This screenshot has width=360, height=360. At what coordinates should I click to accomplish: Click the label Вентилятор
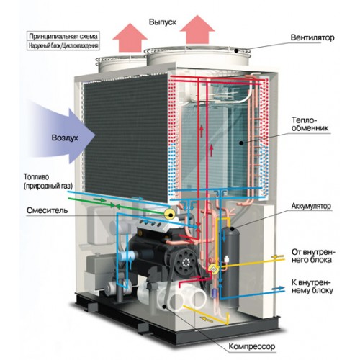click(x=312, y=37)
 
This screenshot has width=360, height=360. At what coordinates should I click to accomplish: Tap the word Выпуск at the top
click(x=163, y=22)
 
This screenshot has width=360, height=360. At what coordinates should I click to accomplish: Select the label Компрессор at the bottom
click(x=252, y=346)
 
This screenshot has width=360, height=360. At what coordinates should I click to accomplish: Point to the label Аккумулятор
click(x=311, y=206)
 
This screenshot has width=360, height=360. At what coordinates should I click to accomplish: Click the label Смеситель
click(x=47, y=210)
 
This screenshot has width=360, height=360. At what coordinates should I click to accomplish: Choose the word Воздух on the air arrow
click(x=65, y=138)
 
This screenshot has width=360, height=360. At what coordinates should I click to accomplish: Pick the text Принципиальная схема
click(x=63, y=36)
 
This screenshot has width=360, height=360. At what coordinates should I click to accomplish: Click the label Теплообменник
click(x=310, y=124)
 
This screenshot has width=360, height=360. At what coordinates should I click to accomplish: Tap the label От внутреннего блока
click(x=313, y=256)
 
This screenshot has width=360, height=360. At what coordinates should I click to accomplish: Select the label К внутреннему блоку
click(x=312, y=287)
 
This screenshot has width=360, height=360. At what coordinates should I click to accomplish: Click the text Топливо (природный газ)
click(x=48, y=181)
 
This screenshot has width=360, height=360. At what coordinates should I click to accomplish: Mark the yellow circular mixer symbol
click(x=170, y=214)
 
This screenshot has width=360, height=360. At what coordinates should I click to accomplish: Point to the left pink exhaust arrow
click(x=130, y=37)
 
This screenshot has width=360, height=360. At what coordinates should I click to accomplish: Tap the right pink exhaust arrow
click(x=197, y=30)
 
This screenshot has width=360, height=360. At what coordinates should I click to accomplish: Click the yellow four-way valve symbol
click(x=212, y=269)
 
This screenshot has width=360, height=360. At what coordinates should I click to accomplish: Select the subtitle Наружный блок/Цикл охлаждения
click(x=63, y=45)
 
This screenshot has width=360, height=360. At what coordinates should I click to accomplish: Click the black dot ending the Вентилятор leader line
click(x=236, y=50)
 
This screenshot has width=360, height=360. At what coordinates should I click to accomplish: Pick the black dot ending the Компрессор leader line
click(x=164, y=306)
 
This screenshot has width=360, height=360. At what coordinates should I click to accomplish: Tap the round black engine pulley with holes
click(x=186, y=262)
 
